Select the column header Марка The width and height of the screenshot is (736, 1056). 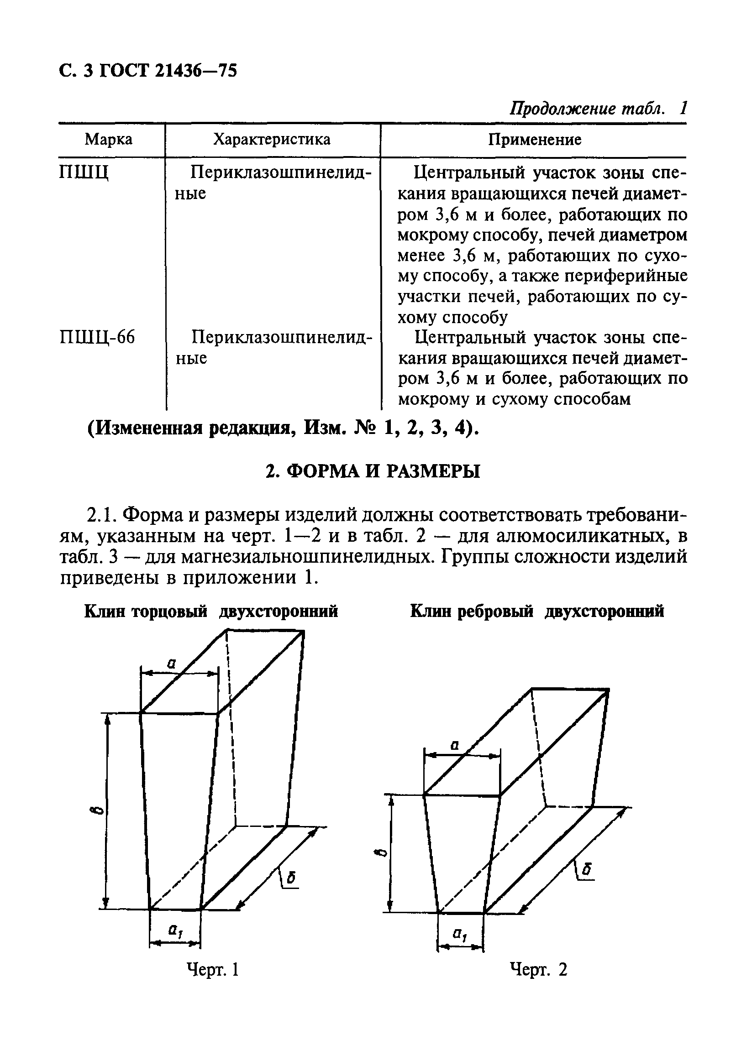click(x=109, y=139)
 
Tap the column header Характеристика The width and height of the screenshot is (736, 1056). click(x=272, y=139)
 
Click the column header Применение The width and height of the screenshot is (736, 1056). click(x=534, y=139)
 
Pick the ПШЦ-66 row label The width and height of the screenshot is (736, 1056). click(x=98, y=338)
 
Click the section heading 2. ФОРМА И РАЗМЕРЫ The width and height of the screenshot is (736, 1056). click(x=373, y=472)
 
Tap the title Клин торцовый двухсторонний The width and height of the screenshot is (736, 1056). click(x=211, y=611)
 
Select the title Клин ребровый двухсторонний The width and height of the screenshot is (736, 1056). click(x=536, y=611)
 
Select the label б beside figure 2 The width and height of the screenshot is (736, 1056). click(x=586, y=871)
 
